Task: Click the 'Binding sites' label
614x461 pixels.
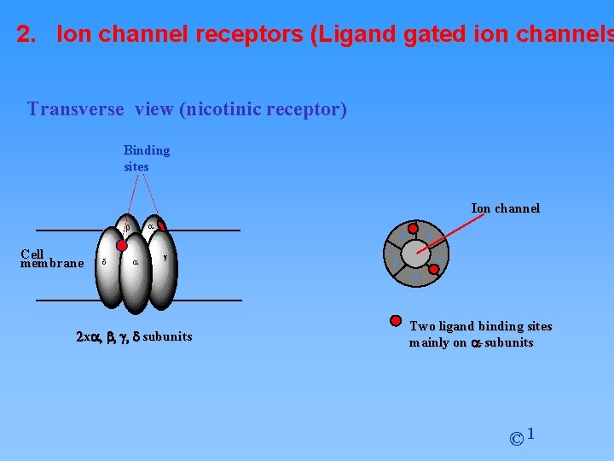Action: pos(147,158)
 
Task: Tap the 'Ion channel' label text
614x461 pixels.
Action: pos(505,208)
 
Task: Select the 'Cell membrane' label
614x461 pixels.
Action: pos(51,259)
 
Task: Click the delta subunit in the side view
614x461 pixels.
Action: pos(105,265)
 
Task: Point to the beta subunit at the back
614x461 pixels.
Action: pos(127,229)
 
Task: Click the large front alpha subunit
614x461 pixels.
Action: pos(135,269)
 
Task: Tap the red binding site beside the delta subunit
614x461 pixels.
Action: pos(122,245)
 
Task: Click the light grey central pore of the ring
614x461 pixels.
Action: pos(415,253)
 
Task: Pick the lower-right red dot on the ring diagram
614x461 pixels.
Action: pos(434,270)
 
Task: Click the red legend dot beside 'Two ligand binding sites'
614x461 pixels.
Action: pos(396,321)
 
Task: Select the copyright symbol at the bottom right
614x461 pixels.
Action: pos(516,439)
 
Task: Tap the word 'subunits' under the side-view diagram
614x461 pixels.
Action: pos(167,336)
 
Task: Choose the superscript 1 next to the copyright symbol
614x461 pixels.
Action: pos(530,434)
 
